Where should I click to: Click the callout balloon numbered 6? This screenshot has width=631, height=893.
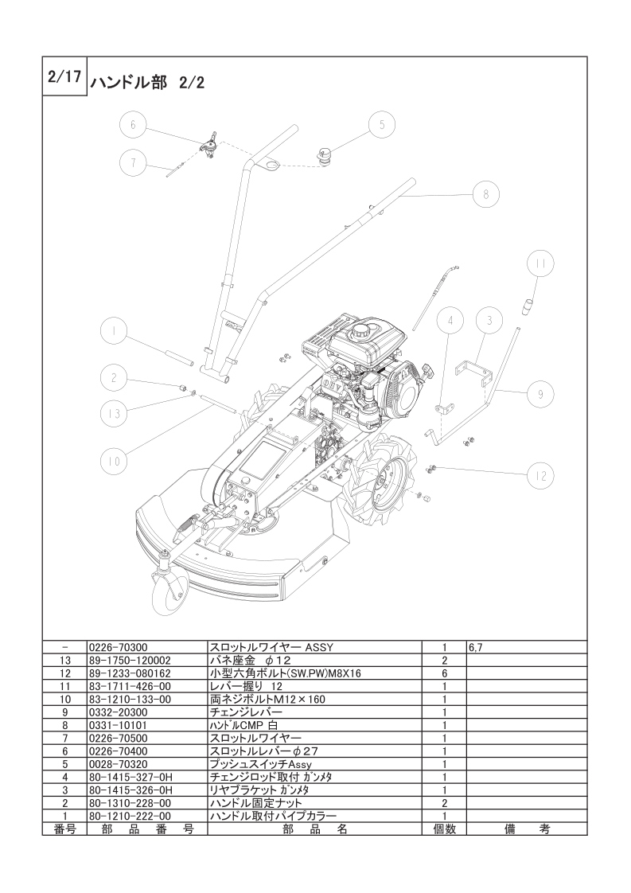tap(134, 125)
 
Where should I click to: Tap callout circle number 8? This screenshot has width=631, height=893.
tap(486, 193)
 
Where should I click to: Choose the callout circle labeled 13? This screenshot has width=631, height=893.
tap(115, 413)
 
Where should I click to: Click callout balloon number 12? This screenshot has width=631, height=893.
tap(541, 476)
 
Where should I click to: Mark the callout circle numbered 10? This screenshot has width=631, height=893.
tap(115, 459)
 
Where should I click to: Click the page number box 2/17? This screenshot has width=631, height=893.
tap(64, 78)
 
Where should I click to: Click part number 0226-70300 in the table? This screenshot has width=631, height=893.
tap(116, 648)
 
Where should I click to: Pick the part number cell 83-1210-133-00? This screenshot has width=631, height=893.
tap(130, 699)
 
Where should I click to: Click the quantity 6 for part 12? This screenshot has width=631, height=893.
tap(444, 673)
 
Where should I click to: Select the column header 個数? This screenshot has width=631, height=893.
tap(444, 829)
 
